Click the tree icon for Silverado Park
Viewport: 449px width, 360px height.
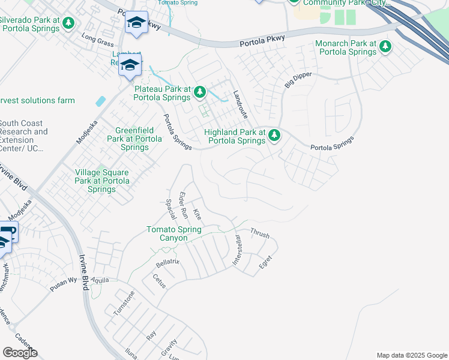pyautogui.click(x=69, y=23)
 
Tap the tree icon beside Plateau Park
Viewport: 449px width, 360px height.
pyautogui.click(x=200, y=92)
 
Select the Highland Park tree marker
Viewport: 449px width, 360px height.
pyautogui.click(x=274, y=136)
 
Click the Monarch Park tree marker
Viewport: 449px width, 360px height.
pyautogui.click(x=385, y=47)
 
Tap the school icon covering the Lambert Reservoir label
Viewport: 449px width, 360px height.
pyautogui.click(x=130, y=65)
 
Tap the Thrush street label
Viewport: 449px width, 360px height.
pyautogui.click(x=259, y=233)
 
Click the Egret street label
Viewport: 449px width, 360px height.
pyautogui.click(x=265, y=262)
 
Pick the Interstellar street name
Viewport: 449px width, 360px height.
pyautogui.click(x=238, y=250)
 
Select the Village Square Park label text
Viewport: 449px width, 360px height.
pyautogui.click(x=101, y=181)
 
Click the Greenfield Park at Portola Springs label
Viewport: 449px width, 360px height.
pyautogui.click(x=134, y=138)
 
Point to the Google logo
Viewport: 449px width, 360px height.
pyautogui.click(x=20, y=353)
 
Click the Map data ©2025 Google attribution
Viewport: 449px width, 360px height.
pyautogui.click(x=412, y=355)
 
